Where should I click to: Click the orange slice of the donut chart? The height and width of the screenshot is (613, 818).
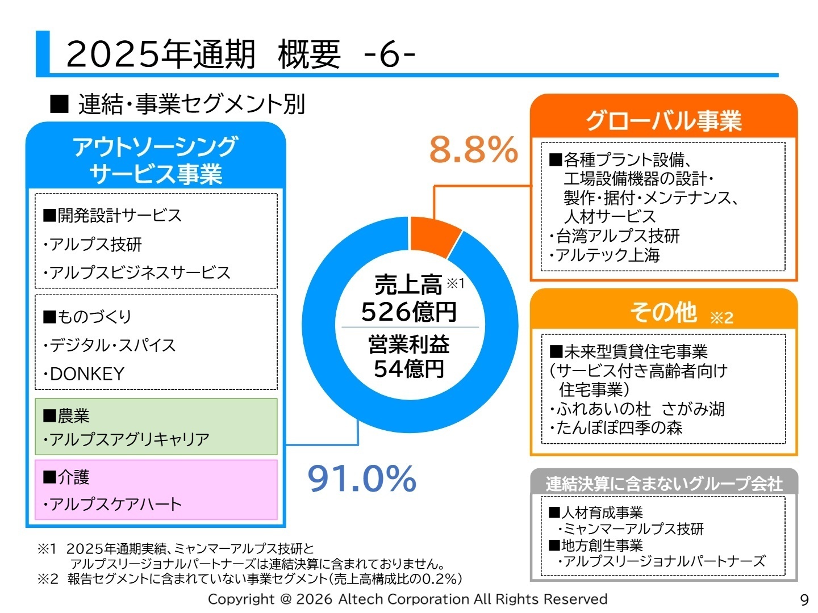(434, 236)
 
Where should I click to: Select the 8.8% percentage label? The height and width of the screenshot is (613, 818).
(473, 150)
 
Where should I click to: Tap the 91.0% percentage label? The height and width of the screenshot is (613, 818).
(362, 478)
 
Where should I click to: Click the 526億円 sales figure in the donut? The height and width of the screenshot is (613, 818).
(409, 312)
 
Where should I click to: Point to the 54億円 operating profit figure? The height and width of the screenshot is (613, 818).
(409, 369)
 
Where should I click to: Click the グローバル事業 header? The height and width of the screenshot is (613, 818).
(663, 120)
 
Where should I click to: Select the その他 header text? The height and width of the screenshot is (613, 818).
(663, 312)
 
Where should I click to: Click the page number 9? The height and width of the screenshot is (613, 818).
(804, 600)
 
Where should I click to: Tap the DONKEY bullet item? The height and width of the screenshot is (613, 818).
(87, 374)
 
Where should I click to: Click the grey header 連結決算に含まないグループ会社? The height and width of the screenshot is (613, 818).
(663, 484)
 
